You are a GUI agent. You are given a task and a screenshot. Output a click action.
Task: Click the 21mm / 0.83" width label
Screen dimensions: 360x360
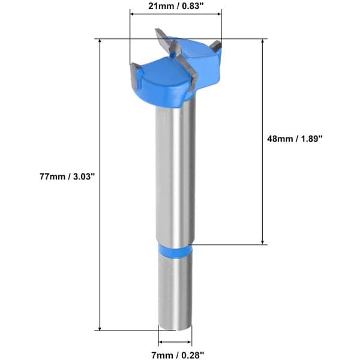176,6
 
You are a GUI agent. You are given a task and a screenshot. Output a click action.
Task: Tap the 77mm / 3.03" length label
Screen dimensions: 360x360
67,177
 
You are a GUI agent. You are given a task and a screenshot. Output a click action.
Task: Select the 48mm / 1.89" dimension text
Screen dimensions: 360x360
295,139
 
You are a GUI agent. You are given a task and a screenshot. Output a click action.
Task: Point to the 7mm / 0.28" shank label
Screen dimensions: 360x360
178,355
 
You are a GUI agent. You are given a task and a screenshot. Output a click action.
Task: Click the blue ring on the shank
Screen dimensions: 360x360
175,252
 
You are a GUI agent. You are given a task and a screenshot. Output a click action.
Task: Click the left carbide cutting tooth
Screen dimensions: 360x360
135,77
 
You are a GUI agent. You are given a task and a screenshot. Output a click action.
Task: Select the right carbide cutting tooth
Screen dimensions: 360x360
216,46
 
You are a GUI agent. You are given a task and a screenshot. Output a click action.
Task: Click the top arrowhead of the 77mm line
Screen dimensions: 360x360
100,41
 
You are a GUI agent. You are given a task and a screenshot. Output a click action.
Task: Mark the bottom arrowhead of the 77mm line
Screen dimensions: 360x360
100,328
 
